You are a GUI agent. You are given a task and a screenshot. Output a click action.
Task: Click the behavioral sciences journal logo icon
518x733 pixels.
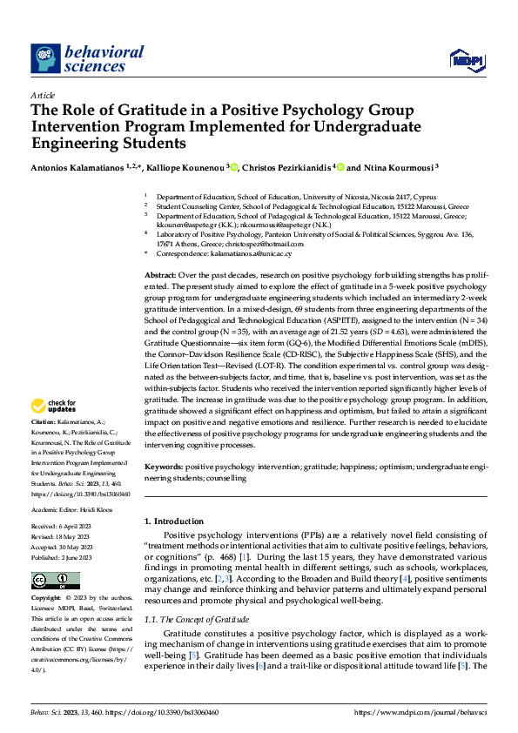click(x=45, y=58)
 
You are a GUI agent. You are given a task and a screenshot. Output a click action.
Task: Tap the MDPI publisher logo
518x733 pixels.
click(x=466, y=58)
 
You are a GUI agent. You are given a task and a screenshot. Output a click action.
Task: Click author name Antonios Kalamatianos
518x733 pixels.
click(x=78, y=167)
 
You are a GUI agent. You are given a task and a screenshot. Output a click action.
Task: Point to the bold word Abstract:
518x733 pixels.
click(x=162, y=273)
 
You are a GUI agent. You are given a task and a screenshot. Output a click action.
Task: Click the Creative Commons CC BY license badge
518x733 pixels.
click(x=56, y=581)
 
